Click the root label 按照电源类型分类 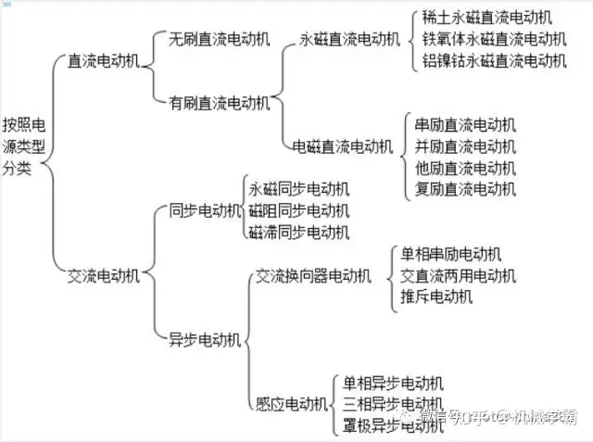coord(23,145)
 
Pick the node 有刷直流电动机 coord(219,102)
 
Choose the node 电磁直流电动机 coord(342,145)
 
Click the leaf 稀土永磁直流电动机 coord(486,17)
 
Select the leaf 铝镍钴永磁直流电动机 coord(494,60)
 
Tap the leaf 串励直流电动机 coord(466,124)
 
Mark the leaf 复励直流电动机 coord(466,190)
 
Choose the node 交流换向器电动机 coord(313,275)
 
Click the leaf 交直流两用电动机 coord(459,275)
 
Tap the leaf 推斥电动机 coord(436,297)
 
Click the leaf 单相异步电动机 coord(393,382)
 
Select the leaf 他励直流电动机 coord(466,168)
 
